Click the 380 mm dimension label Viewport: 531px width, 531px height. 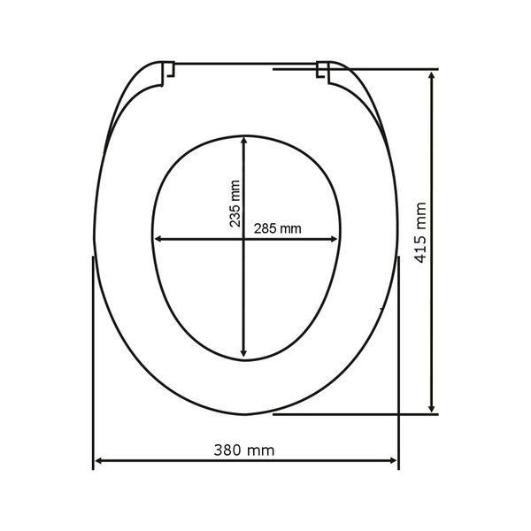point(244,450)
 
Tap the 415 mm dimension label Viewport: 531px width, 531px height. point(420,233)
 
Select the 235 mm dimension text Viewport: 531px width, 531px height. point(235,204)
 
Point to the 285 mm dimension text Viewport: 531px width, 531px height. point(277,228)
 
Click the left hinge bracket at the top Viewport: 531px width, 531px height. point(168,73)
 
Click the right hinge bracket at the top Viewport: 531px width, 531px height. point(323,73)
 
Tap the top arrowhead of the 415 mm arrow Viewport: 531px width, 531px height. point(432,75)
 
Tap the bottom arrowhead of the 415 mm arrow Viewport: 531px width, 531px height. point(432,408)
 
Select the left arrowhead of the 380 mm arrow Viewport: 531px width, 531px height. point(99,460)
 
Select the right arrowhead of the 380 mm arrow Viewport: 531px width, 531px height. point(393,460)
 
